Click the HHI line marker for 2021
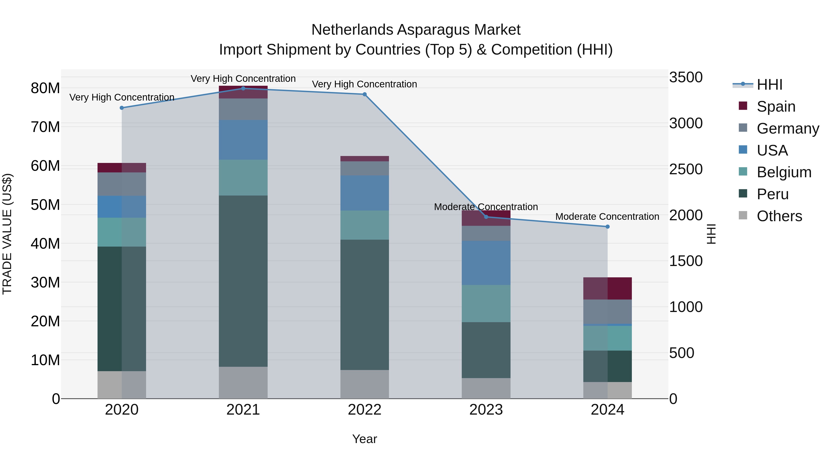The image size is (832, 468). (x=243, y=88)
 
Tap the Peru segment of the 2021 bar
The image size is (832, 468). (x=243, y=281)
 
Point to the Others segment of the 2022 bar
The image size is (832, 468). (x=365, y=384)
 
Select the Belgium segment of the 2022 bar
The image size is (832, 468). (x=365, y=225)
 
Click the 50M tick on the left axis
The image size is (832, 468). (x=45, y=205)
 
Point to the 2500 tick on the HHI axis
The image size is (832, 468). (x=686, y=169)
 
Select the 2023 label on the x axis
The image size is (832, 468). (x=486, y=410)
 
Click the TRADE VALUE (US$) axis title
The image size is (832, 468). (x=7, y=234)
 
